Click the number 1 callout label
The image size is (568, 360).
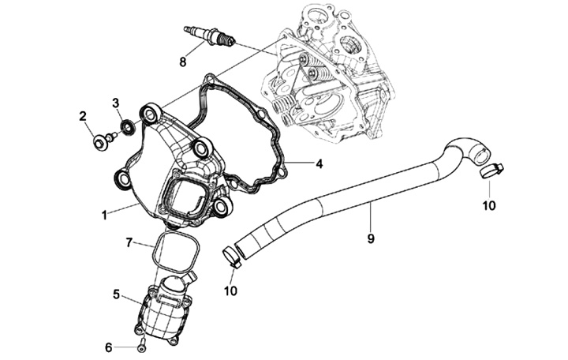tap(104, 214)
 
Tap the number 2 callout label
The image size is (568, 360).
tap(83, 118)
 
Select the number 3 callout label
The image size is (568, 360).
tap(115, 103)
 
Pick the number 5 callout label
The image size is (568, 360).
tap(116, 294)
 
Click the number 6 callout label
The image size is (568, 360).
tap(110, 347)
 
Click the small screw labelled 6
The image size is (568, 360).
tap(141, 346)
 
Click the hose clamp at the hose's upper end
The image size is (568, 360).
tap(490, 169)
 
